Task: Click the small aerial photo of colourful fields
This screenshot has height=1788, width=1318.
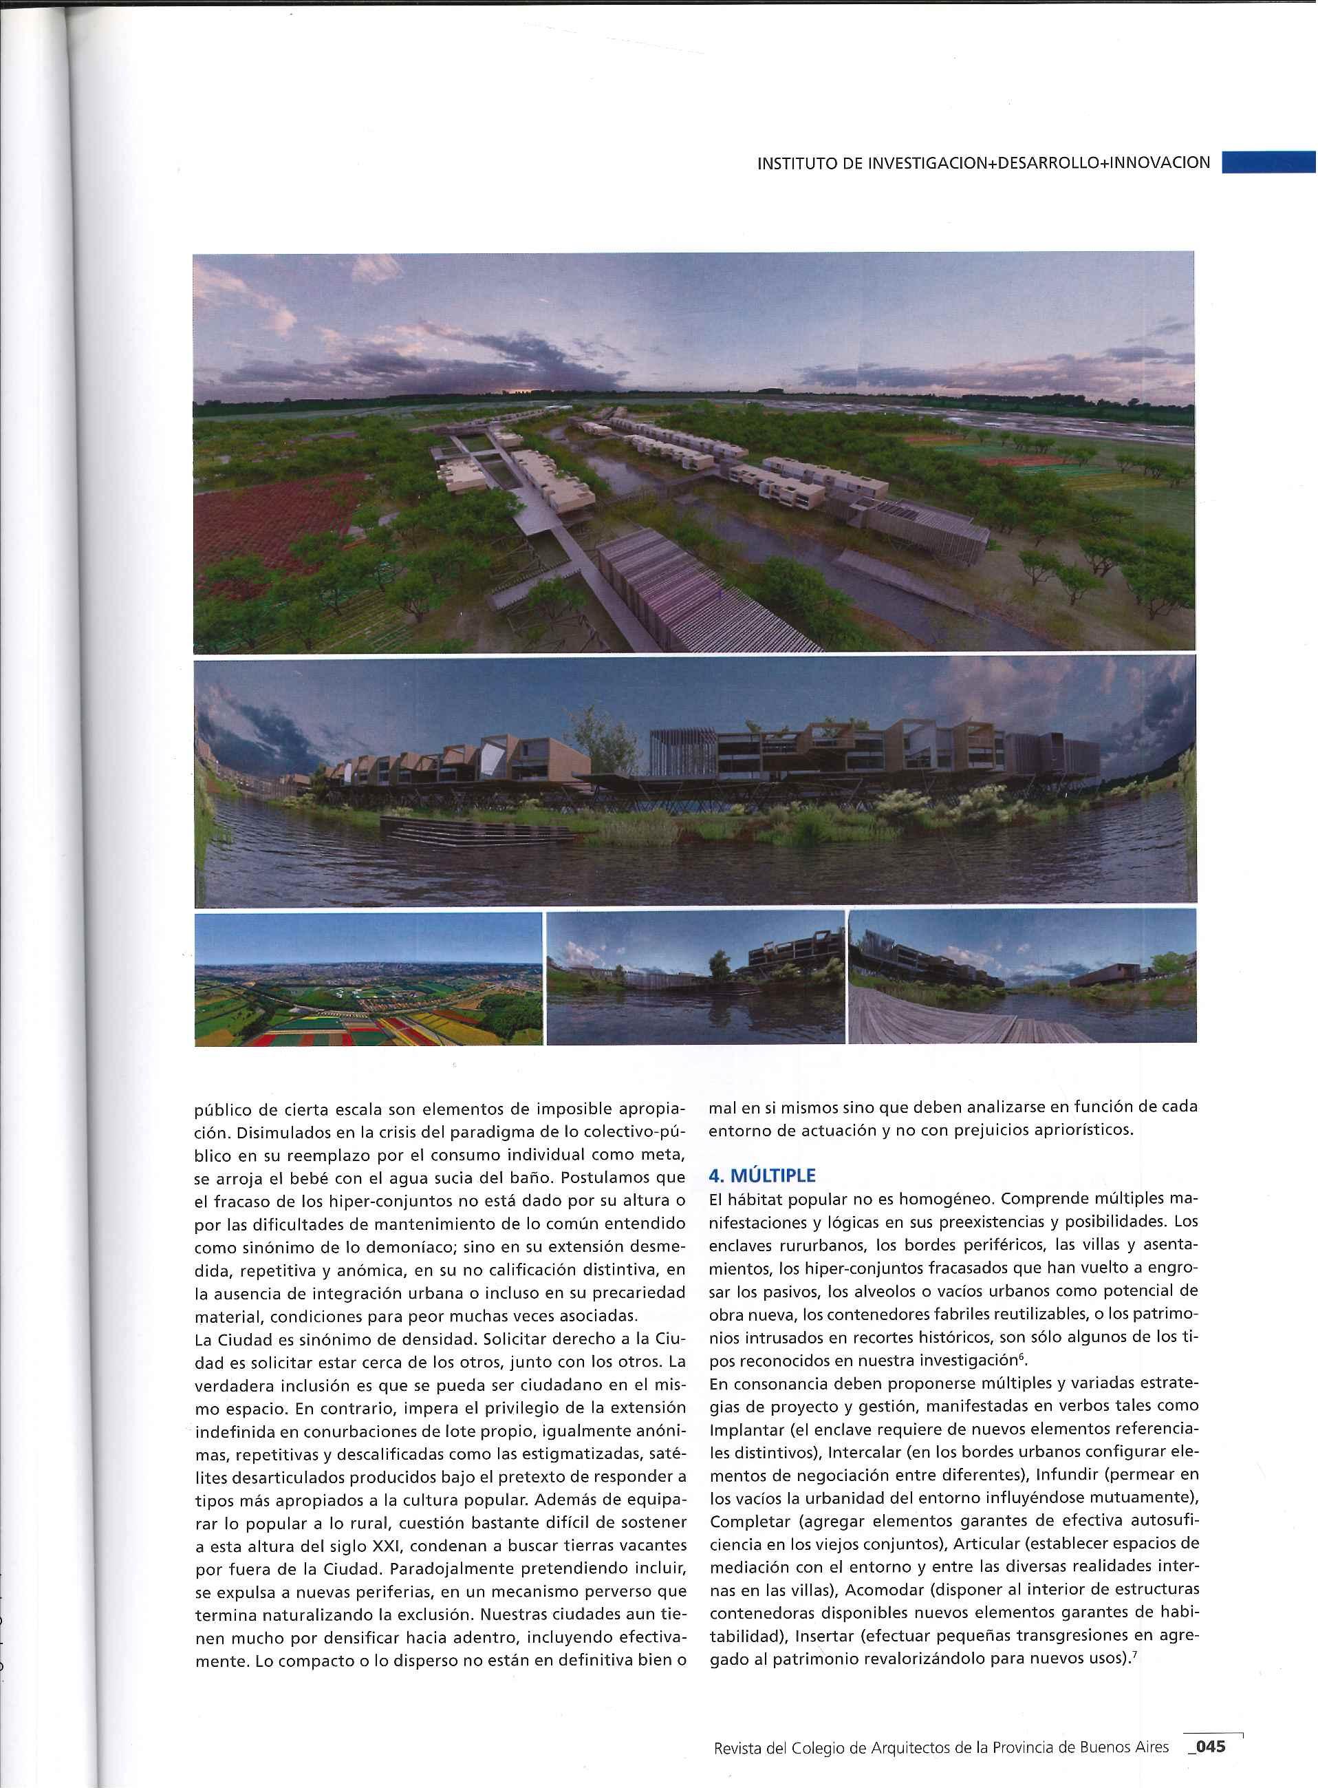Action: pos(369,978)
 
